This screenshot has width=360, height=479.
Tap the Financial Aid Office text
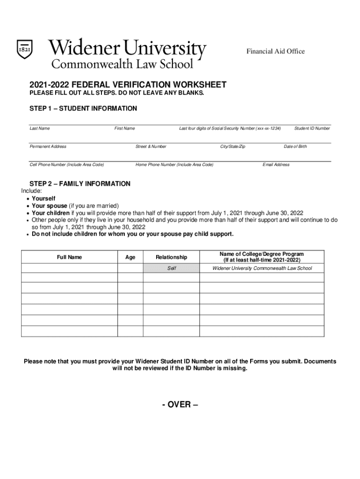[275, 51]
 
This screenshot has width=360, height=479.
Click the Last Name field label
[40, 128]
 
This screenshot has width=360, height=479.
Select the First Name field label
[124, 128]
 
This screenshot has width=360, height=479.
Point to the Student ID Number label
[312, 128]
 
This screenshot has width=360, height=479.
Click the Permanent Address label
[48, 146]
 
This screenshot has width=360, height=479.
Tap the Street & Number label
[151, 146]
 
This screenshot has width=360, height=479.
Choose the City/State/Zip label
[232, 146]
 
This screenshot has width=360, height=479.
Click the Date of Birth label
[295, 146]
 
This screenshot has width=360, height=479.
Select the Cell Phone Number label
[66, 165]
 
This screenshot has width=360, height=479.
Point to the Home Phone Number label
[174, 165]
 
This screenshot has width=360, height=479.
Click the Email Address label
[276, 165]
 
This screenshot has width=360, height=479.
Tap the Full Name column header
[69, 257]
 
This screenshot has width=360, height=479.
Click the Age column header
[130, 257]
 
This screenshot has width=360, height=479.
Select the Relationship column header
[171, 257]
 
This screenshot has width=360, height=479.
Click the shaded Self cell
[171, 268]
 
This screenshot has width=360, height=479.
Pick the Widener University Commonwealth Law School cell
[262, 268]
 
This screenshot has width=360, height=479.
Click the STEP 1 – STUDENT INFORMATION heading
[83, 109]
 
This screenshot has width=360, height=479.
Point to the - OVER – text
[180, 404]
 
